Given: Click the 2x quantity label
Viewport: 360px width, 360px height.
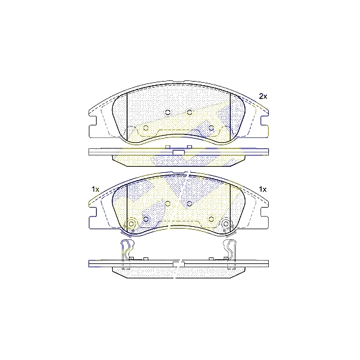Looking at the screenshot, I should tap(262, 96).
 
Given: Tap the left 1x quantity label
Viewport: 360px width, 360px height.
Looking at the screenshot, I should tap(95, 190).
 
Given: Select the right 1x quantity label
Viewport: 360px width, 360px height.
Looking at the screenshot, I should tap(262, 190).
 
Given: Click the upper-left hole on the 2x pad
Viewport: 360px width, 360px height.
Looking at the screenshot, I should tap(168, 112).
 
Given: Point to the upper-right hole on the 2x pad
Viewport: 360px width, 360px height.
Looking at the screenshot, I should tap(189, 112).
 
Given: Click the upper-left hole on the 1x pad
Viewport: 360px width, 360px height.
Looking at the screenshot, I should tap(168, 203).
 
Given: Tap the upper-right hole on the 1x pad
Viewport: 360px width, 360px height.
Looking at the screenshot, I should tap(189, 203).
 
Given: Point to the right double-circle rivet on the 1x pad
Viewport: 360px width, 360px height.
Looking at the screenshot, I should tap(226, 226).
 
